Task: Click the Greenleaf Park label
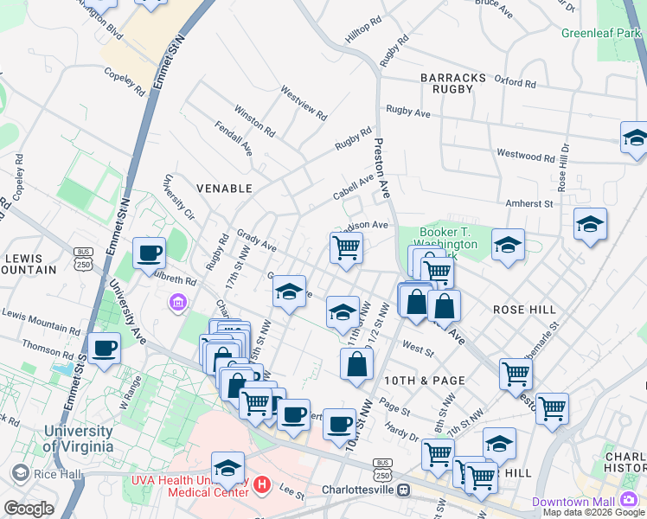[x=602, y=34]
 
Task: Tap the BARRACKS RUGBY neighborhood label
[x=453, y=84]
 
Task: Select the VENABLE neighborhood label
[x=224, y=188]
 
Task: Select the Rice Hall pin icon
[x=19, y=473]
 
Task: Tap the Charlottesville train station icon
[x=403, y=490]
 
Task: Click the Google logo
[x=29, y=509]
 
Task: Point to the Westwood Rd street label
[x=525, y=156]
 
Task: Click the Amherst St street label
[x=529, y=204]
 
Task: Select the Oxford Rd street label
[x=516, y=82]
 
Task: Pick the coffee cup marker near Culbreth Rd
[x=149, y=253]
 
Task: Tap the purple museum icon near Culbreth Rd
[x=178, y=302]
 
